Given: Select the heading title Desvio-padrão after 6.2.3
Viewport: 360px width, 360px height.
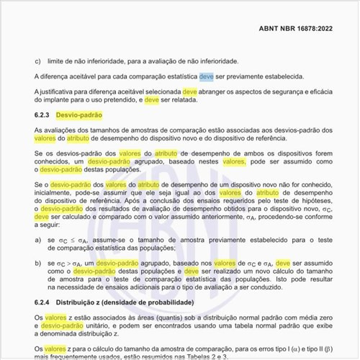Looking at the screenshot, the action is (79, 115).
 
